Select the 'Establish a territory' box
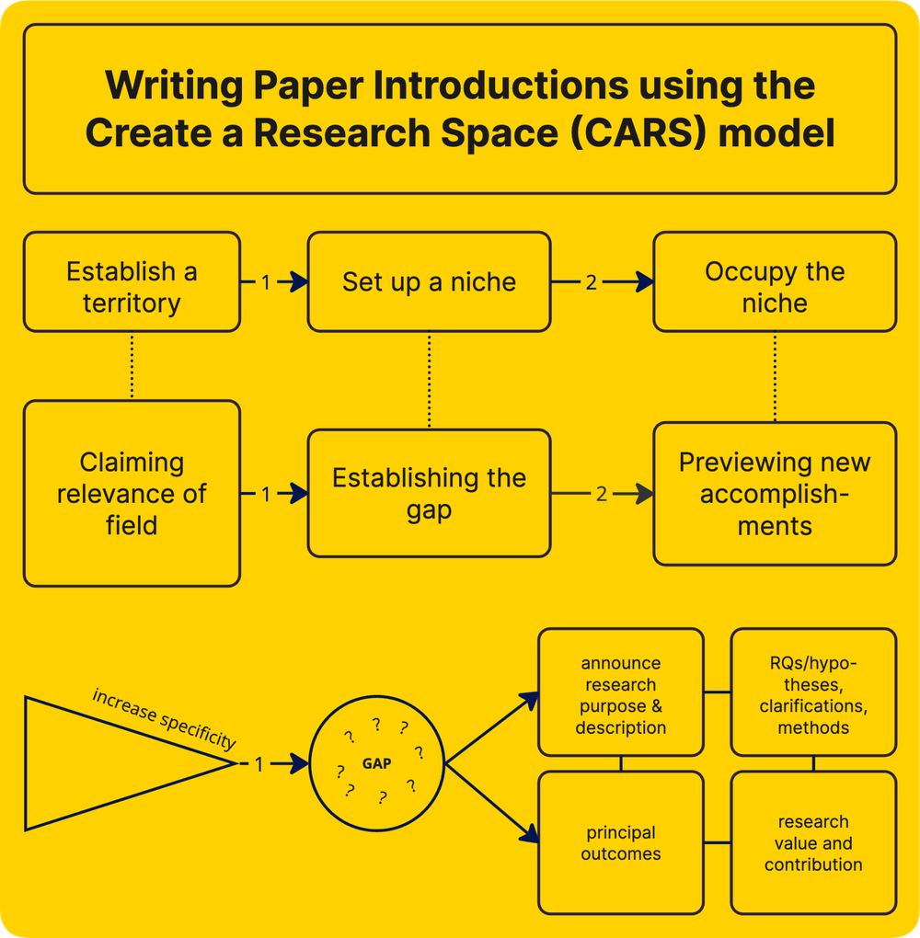click(132, 281)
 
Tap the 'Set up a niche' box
click(429, 281)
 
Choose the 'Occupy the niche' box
click(775, 281)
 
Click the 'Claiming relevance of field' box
click(132, 493)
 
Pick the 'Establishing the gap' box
click(429, 493)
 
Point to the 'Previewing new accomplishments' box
click(775, 494)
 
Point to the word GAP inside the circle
click(376, 763)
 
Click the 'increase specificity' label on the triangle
click(164, 718)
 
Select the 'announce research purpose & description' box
click(621, 695)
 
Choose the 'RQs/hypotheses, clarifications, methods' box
click(813, 695)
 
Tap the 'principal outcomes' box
click(621, 843)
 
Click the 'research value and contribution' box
click(813, 843)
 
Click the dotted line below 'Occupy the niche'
click(775, 377)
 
